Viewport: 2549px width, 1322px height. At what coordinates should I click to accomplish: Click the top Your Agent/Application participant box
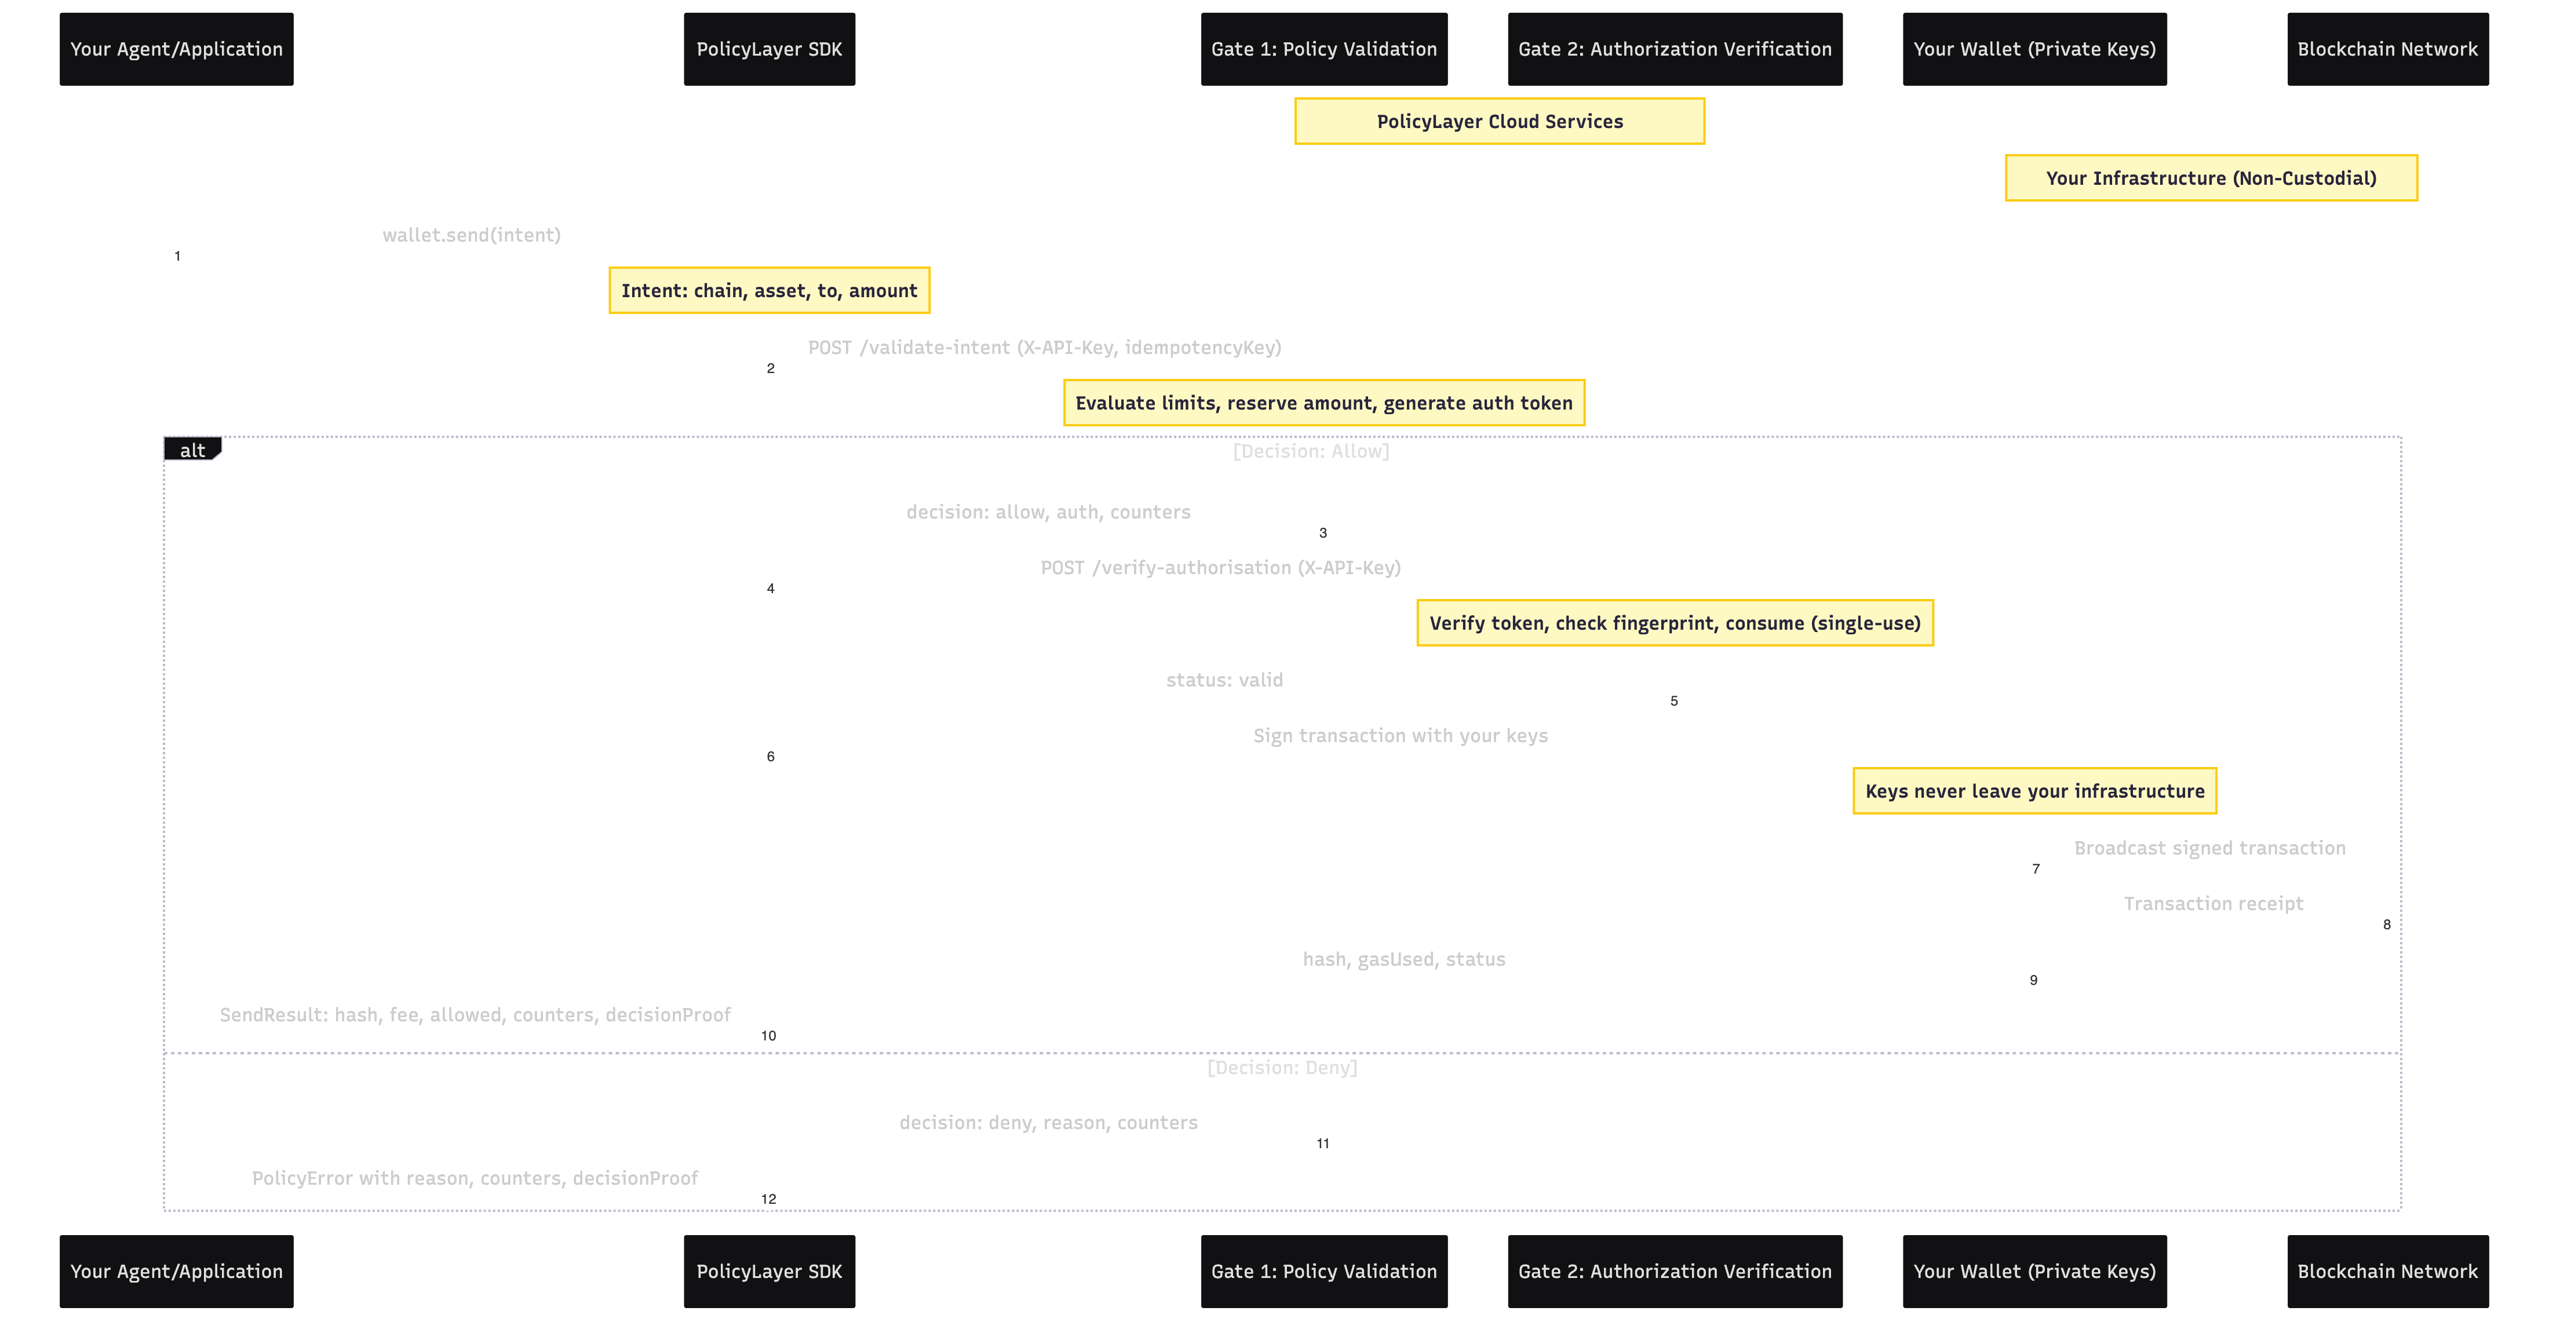coord(176,49)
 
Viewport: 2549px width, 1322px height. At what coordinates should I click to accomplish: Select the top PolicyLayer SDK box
coord(769,49)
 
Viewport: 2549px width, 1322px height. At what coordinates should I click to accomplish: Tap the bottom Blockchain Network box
coord(2387,1272)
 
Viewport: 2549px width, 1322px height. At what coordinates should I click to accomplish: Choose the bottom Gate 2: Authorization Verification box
coord(1674,1272)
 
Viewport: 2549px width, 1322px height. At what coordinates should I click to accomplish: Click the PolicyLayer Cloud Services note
coord(1499,122)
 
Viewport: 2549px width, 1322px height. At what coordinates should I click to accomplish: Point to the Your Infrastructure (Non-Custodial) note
coord(2211,178)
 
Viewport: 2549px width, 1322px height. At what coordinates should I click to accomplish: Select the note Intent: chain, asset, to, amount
coord(769,291)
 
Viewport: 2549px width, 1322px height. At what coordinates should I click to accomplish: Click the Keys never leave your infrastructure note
coord(2034,791)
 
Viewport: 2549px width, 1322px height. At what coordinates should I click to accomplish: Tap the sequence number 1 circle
coord(177,256)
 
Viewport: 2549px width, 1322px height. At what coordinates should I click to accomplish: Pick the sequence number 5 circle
coord(1674,702)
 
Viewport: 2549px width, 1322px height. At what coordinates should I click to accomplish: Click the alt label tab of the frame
coord(192,450)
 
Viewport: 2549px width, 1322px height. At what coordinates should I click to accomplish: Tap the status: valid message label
coord(1224,680)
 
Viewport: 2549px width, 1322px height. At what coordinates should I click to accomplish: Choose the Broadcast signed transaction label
coord(2209,848)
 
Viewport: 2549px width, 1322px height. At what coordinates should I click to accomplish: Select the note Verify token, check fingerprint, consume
coord(1674,623)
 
